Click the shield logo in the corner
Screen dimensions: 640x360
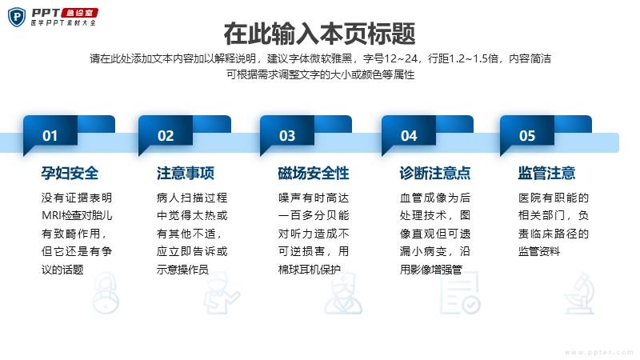tap(17, 17)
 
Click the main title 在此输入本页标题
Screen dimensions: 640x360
tap(319, 34)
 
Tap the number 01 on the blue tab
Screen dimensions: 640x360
tap(50, 135)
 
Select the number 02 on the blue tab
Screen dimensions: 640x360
tap(166, 135)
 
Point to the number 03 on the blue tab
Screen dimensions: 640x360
tap(287, 135)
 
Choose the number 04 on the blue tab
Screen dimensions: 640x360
tap(409, 135)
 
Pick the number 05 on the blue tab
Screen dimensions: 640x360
tap(527, 135)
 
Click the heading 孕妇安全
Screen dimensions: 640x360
tap(70, 173)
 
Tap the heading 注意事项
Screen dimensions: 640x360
tap(186, 173)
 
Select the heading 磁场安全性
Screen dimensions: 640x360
tap(314, 173)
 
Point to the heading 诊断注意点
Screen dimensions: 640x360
tap(435, 173)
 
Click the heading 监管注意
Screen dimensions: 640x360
tap(546, 173)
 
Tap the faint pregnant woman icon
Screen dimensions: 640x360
tap(106, 293)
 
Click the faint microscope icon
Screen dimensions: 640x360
tap(579, 294)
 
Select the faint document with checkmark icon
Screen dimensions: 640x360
tap(460, 293)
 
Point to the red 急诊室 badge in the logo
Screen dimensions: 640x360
tap(79, 13)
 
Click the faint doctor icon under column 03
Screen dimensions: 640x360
tap(343, 293)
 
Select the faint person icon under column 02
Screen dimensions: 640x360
tap(222, 293)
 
